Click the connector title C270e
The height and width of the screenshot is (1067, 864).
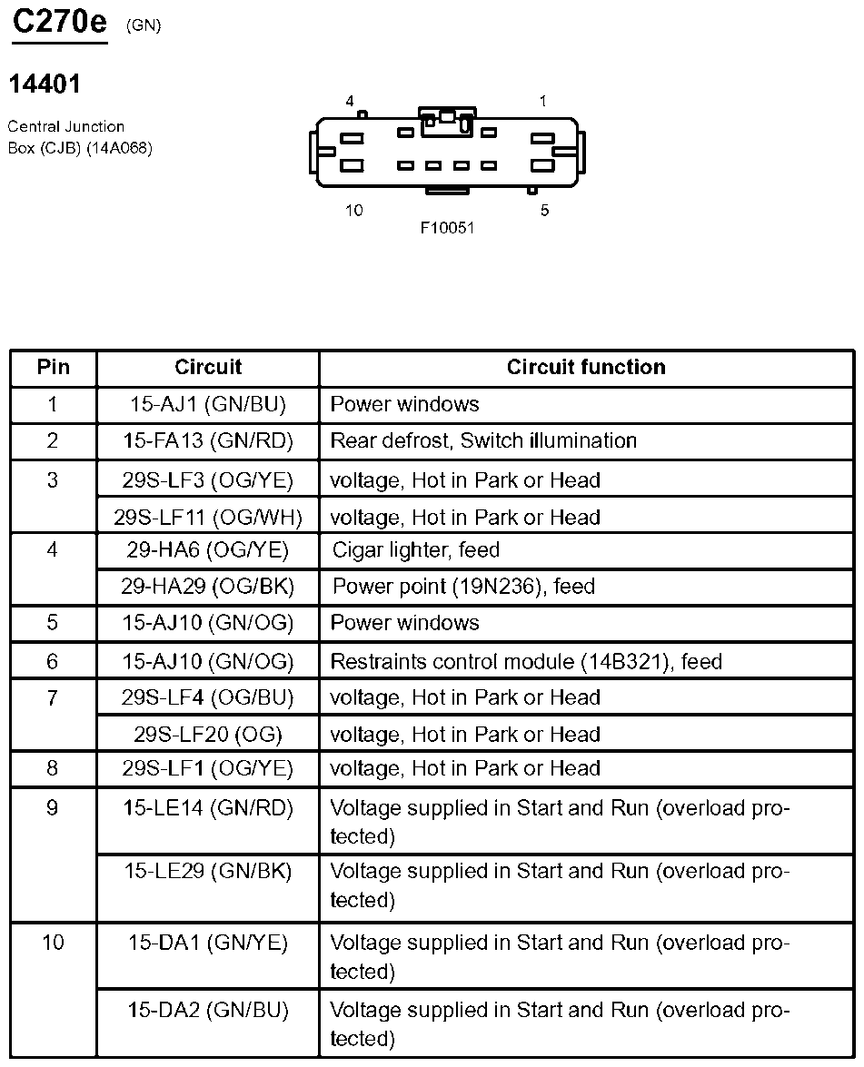click(59, 22)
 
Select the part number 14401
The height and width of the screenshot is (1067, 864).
click(45, 84)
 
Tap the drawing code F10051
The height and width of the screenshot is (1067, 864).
click(447, 228)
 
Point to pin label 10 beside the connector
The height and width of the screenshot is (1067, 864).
click(353, 211)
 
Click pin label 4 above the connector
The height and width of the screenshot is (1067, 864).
click(350, 102)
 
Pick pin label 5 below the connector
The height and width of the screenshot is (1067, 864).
click(544, 211)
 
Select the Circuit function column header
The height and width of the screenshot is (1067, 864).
click(586, 367)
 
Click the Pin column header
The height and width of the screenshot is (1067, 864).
click(53, 367)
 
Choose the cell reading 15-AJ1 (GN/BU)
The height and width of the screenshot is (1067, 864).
click(208, 404)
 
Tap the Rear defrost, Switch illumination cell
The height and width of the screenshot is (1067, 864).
click(483, 441)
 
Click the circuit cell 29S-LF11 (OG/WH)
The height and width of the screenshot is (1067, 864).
click(208, 518)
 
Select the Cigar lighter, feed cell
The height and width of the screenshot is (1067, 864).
click(416, 550)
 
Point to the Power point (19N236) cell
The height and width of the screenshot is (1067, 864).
click(463, 587)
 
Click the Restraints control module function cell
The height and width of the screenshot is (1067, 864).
click(526, 661)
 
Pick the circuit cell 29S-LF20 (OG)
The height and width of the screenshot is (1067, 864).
click(208, 735)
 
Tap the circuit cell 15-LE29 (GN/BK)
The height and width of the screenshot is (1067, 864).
click(208, 871)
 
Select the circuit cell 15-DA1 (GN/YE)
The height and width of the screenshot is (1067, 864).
click(208, 943)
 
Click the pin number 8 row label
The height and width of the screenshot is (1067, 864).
click(53, 769)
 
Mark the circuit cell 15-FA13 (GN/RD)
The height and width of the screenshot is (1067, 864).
click(208, 441)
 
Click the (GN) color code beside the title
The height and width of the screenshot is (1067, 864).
click(144, 25)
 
